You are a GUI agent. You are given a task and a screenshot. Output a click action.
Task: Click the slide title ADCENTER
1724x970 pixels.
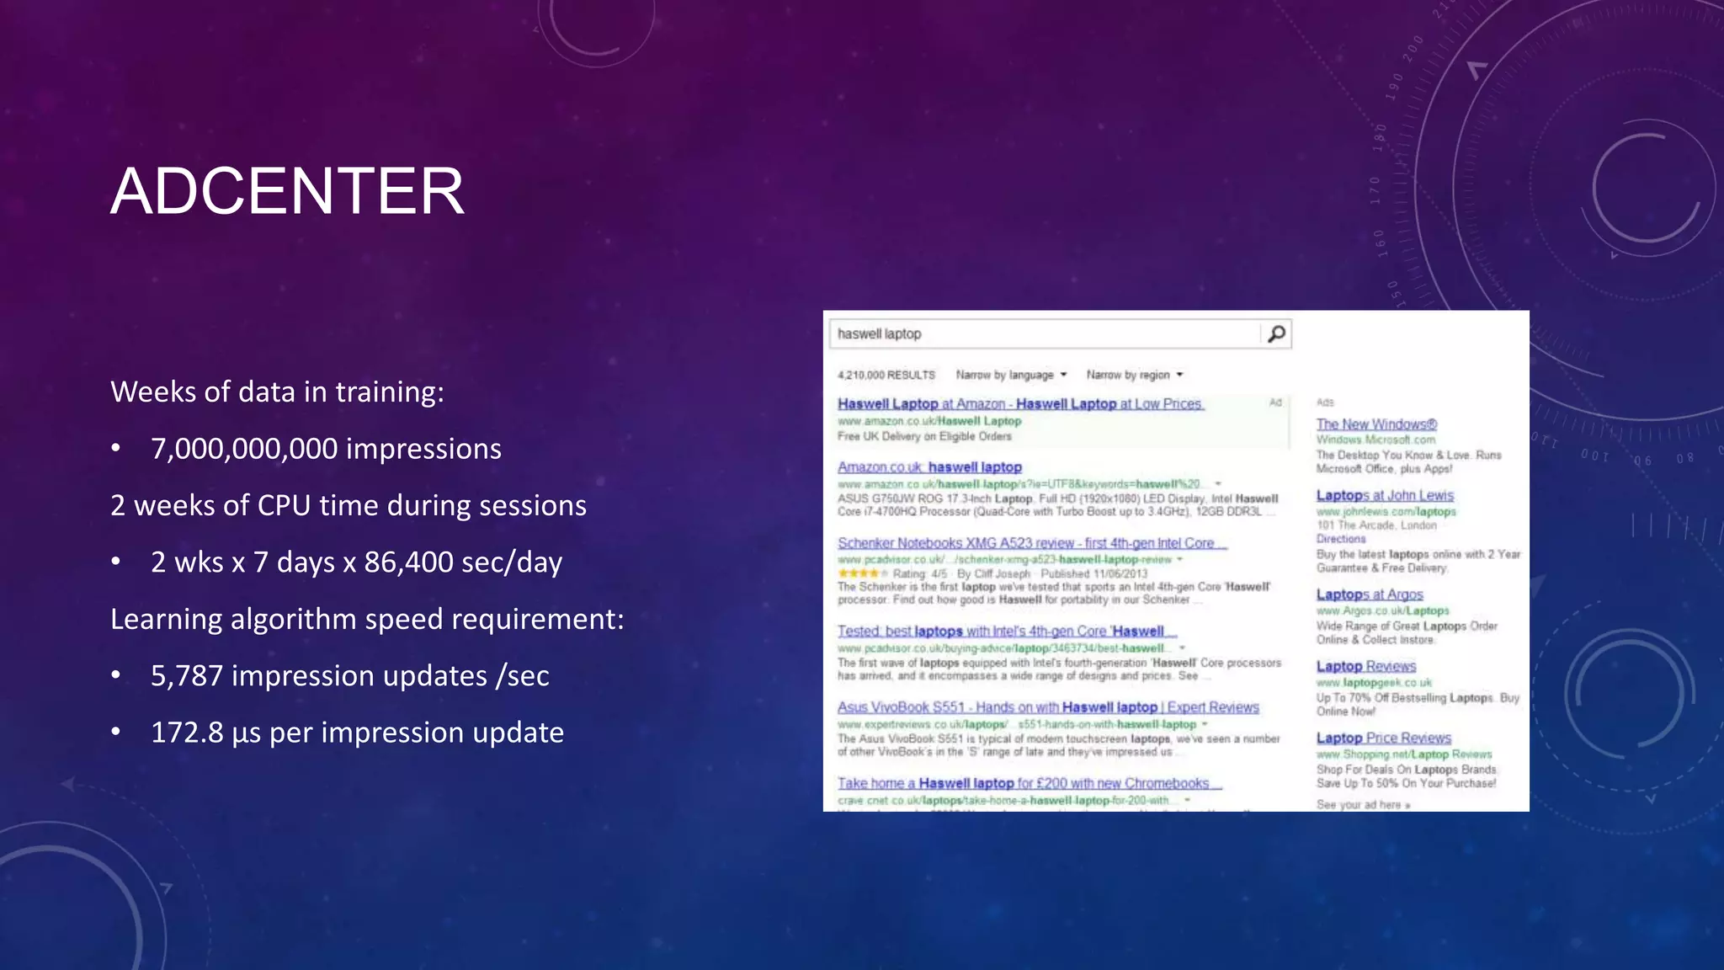point(287,191)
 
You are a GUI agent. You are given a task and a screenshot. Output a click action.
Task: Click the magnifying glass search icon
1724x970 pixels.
point(1276,334)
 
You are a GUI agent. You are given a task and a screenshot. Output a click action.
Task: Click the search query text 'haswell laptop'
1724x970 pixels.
point(879,334)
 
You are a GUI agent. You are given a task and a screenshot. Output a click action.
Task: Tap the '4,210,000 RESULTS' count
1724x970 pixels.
point(886,376)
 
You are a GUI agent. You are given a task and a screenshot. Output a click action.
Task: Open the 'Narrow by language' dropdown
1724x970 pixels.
point(1011,375)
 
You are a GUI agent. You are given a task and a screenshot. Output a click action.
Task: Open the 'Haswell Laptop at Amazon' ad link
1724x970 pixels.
point(1020,404)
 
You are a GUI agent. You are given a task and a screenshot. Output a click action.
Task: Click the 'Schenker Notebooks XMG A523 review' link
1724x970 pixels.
point(1031,543)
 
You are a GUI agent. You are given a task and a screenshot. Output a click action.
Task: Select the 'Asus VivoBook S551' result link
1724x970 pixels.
point(1048,707)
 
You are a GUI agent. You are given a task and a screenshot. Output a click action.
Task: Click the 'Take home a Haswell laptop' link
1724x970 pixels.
point(1029,783)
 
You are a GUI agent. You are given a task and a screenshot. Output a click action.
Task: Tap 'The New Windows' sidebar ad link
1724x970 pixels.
point(1376,424)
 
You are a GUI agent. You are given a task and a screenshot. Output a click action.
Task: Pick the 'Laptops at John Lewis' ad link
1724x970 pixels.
point(1385,496)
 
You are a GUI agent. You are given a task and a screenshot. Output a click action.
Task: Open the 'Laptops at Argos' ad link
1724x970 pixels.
point(1370,594)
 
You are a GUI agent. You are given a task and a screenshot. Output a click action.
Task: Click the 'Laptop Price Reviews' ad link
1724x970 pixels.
point(1383,738)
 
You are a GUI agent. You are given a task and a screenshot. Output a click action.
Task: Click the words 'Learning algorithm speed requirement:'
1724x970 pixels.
point(367,620)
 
